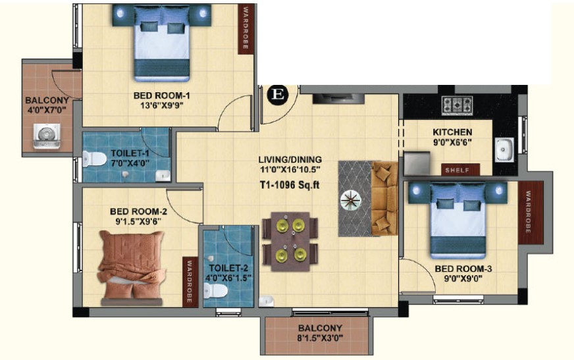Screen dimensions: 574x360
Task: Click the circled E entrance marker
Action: [x=278, y=95]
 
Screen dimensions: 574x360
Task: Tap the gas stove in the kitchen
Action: [x=457, y=105]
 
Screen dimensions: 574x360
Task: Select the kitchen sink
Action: [x=504, y=149]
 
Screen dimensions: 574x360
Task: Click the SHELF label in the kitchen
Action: [x=457, y=170]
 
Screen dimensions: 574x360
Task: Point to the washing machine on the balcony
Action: [x=47, y=136]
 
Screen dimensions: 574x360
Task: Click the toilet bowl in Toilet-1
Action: [x=93, y=159]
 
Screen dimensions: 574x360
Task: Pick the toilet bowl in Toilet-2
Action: [x=216, y=292]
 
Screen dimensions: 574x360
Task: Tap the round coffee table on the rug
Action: [x=351, y=200]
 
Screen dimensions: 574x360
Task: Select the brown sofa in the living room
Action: [x=384, y=199]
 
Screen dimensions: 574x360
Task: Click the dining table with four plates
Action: [x=290, y=241]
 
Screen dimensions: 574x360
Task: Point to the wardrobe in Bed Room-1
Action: [x=245, y=28]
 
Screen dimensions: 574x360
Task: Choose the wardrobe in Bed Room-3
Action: [x=527, y=213]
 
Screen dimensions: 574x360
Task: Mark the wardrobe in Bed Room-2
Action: [x=190, y=281]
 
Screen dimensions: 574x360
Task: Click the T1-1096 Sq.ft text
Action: [x=289, y=185]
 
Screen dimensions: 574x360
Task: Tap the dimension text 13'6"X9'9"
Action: [x=161, y=106]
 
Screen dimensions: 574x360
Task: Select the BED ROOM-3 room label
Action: [x=463, y=269]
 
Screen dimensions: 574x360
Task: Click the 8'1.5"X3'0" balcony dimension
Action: [x=320, y=338]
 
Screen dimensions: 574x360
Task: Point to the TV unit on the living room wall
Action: [x=338, y=99]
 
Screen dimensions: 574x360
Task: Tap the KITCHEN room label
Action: [x=452, y=132]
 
